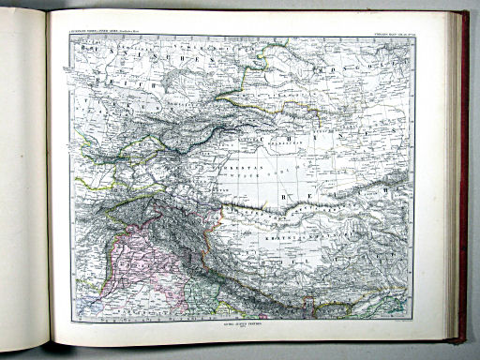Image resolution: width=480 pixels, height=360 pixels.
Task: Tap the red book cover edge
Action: coord(460,178)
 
